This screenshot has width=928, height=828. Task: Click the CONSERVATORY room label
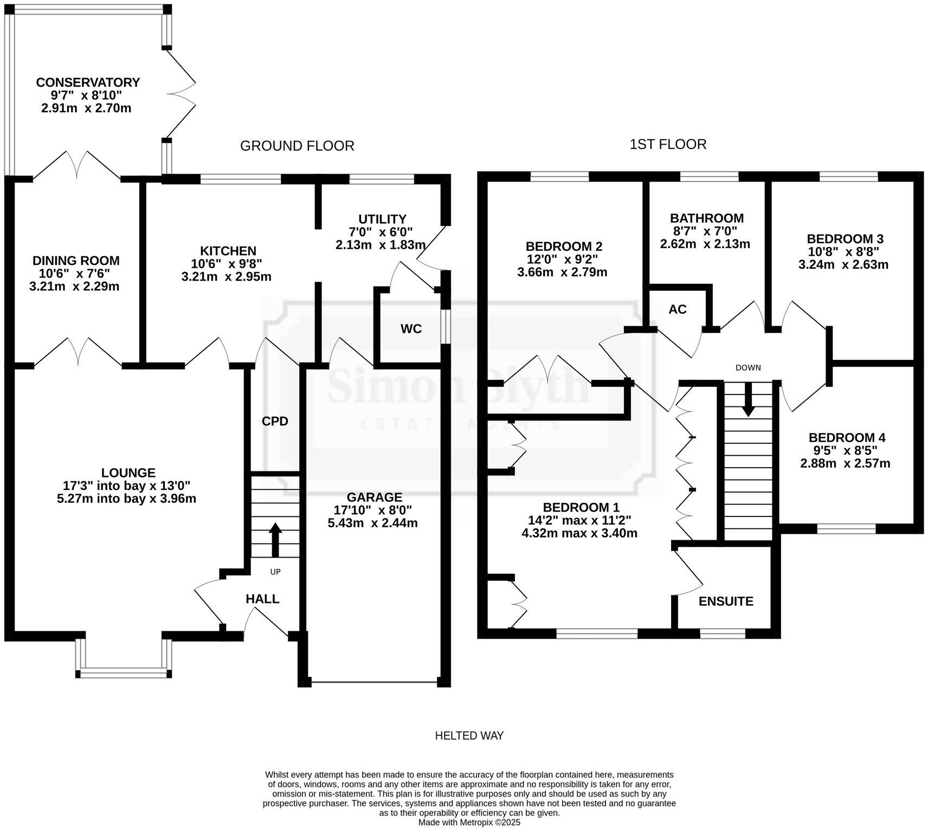click(88, 82)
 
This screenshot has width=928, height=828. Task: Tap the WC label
click(411, 329)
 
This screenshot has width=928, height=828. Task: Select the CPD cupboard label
click(275, 421)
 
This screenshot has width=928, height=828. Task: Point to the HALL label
click(262, 599)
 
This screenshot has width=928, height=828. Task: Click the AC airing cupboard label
click(678, 309)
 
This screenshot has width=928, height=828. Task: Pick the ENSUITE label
click(726, 601)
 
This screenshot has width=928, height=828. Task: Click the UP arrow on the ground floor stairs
click(275, 539)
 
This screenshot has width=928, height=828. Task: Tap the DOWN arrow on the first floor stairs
click(748, 400)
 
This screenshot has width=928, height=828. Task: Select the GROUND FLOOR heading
click(297, 146)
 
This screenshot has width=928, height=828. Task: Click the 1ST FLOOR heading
click(668, 144)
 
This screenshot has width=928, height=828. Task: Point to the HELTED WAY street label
click(469, 735)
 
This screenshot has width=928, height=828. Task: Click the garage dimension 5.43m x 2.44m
click(373, 523)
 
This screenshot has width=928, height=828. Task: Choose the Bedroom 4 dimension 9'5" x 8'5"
click(846, 450)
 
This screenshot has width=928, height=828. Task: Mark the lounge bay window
click(124, 673)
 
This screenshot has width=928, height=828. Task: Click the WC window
click(445, 326)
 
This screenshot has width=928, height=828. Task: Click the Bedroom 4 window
click(847, 528)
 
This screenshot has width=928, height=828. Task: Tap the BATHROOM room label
click(707, 218)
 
